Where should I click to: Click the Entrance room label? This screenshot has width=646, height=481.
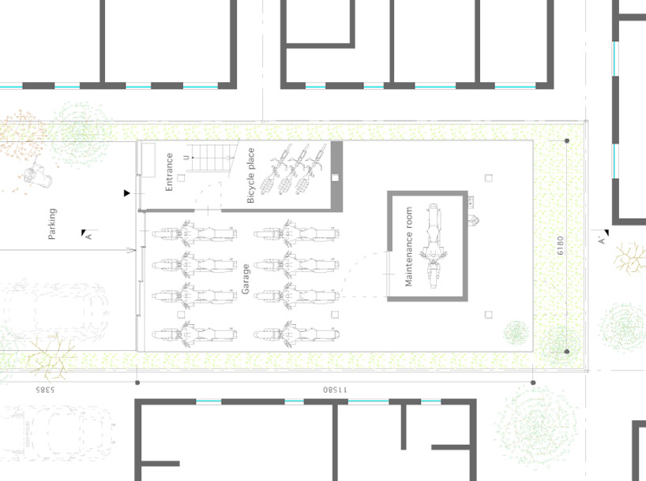pyautogui.click(x=169, y=172)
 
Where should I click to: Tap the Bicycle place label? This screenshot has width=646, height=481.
pyautogui.click(x=250, y=175)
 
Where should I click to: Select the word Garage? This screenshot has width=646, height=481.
pyautogui.click(x=246, y=279)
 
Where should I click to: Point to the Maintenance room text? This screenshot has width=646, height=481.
pyautogui.click(x=409, y=247)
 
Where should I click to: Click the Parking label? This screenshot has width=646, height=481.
pyautogui.click(x=52, y=224)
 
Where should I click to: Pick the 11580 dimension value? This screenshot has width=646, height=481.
pyautogui.click(x=335, y=390)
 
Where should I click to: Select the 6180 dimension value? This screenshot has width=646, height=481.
pyautogui.click(x=560, y=245)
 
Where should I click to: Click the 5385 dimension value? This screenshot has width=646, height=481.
pyautogui.click(x=44, y=390)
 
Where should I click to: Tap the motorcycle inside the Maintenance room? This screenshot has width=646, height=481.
pyautogui.click(x=433, y=246)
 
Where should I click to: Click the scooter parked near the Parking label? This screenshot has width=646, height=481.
pyautogui.click(x=37, y=174)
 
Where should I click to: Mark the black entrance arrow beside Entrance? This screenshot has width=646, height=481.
pyautogui.click(x=126, y=193)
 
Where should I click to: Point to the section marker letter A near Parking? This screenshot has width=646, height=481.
pyautogui.click(x=88, y=237)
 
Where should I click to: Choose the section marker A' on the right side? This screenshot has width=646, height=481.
pyautogui.click(x=602, y=240)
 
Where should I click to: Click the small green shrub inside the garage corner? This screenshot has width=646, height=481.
pyautogui.click(x=516, y=333)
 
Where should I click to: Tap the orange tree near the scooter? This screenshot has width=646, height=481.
pyautogui.click(x=21, y=136)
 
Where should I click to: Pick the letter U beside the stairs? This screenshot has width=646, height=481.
pyautogui.click(x=187, y=158)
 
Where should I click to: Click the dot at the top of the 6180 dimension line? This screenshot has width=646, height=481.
pyautogui.click(x=567, y=140)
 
